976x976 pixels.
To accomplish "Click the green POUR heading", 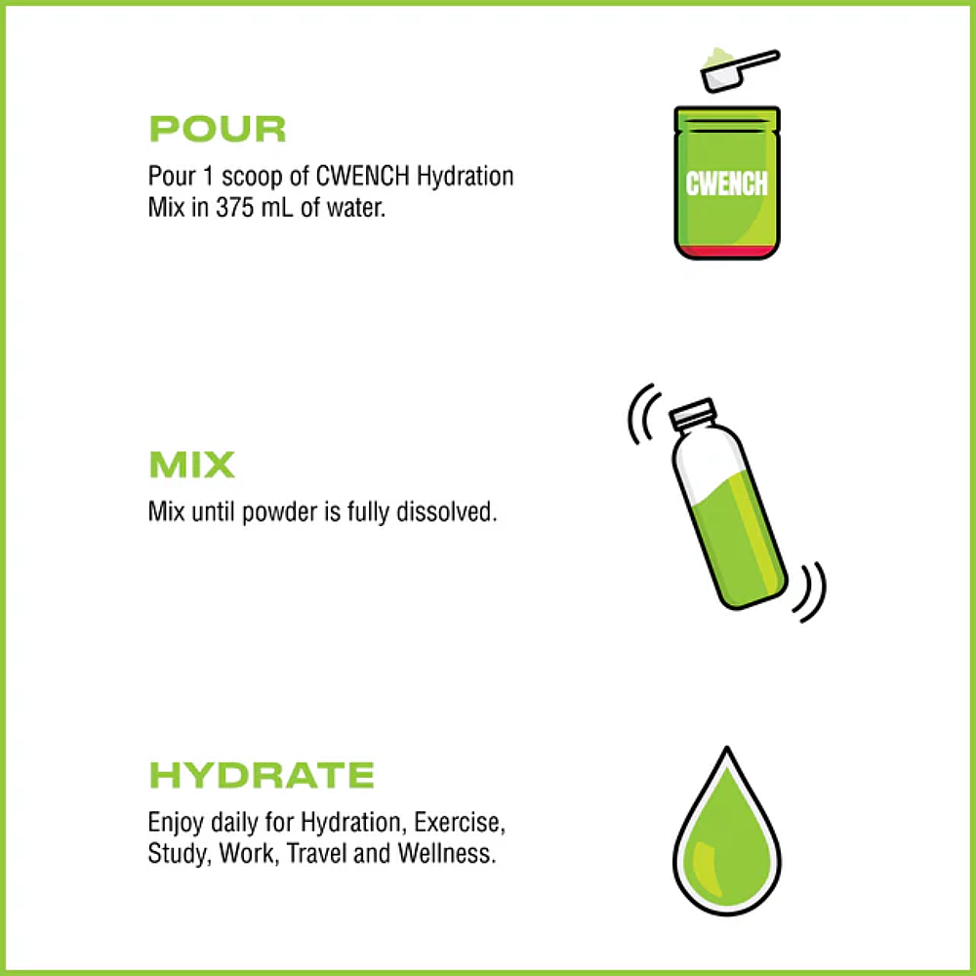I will (x=217, y=130).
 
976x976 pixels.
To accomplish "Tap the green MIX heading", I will (x=191, y=465).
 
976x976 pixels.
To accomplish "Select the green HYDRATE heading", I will (x=261, y=775).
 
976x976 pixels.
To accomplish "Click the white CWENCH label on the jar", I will (x=727, y=183).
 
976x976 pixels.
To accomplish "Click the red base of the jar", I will (x=727, y=251).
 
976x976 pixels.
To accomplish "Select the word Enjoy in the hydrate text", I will (x=174, y=823).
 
